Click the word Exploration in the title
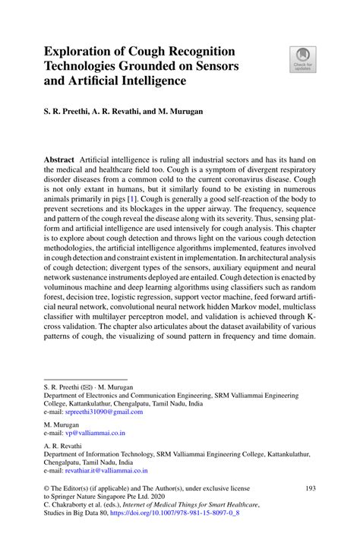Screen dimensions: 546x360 (x=81, y=52)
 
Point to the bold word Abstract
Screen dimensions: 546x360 (x=59, y=160)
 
